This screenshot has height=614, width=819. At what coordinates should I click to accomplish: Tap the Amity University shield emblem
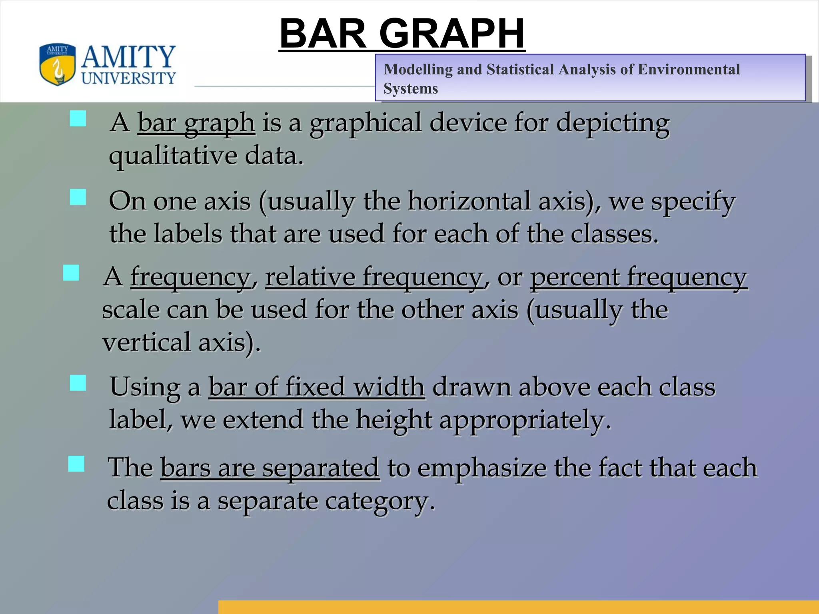click(x=57, y=64)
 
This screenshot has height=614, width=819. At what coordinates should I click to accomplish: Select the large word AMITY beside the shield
click(x=128, y=57)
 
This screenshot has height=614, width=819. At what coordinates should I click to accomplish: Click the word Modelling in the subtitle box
click(x=418, y=70)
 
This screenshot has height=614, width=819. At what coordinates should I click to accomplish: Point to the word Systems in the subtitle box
click(x=411, y=88)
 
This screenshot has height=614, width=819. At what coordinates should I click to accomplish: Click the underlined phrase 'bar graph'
click(x=196, y=122)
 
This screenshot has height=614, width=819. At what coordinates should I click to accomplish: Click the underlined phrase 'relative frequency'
click(x=374, y=277)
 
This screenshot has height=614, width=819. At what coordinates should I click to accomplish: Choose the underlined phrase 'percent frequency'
click(x=639, y=277)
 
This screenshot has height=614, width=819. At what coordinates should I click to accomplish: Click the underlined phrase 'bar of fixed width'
click(x=316, y=387)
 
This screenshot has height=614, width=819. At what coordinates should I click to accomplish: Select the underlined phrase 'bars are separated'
click(x=270, y=467)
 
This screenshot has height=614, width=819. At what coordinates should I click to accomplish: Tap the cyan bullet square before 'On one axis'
click(x=78, y=197)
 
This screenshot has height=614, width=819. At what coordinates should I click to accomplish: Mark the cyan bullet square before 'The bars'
click(x=76, y=464)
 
